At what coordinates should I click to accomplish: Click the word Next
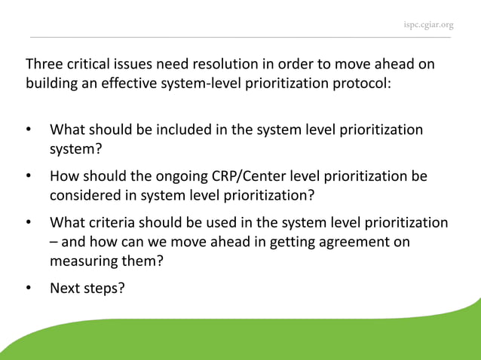point(66,288)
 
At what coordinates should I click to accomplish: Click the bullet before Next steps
point(29,288)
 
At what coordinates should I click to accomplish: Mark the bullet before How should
point(29,176)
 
